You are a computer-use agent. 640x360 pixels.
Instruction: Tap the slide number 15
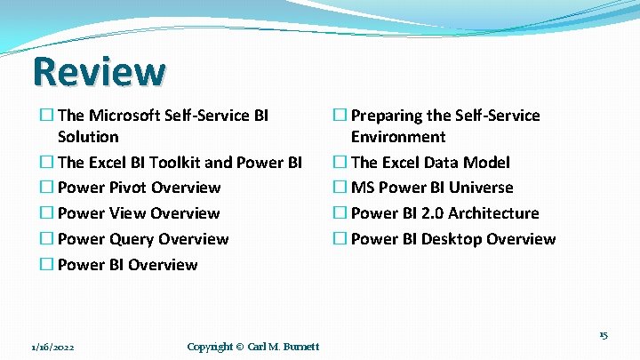(x=603, y=335)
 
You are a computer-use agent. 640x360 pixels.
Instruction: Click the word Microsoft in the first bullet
(x=124, y=116)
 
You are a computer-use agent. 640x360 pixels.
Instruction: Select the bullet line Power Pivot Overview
(x=139, y=188)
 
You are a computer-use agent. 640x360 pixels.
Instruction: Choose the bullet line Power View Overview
(x=138, y=213)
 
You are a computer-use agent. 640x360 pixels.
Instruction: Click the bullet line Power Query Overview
(x=142, y=239)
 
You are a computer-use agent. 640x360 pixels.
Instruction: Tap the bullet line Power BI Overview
(x=127, y=265)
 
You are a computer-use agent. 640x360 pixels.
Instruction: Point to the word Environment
(x=398, y=137)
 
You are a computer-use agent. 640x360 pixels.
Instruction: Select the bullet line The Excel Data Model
(x=430, y=163)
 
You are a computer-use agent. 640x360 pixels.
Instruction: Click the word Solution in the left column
(x=88, y=137)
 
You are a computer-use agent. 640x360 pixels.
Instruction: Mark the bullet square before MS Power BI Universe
(x=340, y=188)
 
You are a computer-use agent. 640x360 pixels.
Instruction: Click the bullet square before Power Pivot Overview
(x=46, y=188)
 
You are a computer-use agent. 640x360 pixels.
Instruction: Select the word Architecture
(x=493, y=213)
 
